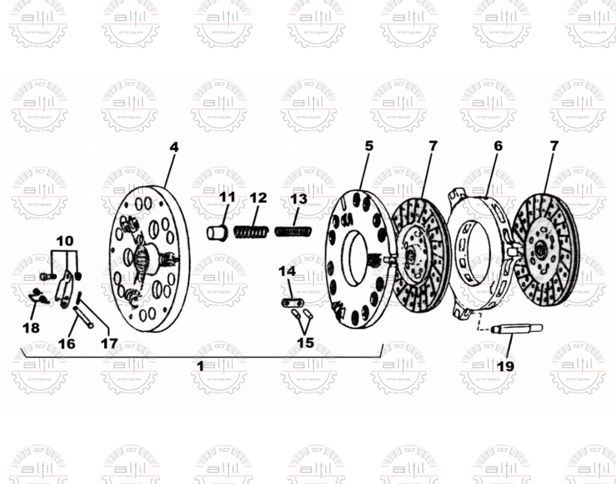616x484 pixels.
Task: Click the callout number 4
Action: pos(174,147)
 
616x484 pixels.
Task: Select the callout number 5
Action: pos(369,146)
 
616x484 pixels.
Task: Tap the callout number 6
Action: pos(497,146)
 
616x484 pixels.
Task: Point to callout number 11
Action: pos(227,197)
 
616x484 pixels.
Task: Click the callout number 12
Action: pos(259,198)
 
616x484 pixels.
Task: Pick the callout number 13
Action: pos(299,199)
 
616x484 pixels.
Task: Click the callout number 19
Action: pos(505,366)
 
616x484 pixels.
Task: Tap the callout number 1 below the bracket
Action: pos(200,366)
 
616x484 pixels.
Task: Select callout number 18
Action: pos(31,327)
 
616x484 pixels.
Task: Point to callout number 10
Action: pos(65,240)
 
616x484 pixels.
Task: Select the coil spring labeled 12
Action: pos(251,232)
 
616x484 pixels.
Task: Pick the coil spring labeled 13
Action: pos(293,231)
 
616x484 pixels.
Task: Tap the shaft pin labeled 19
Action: pos(517,329)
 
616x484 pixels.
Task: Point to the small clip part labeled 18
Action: pos(37,296)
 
